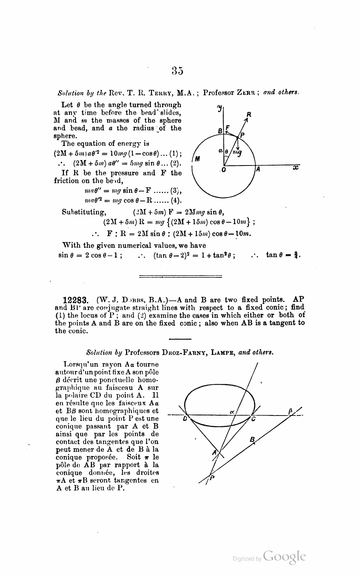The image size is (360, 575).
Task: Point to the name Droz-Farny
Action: pyautogui.click(x=183, y=353)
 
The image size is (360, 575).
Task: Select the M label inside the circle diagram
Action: pyautogui.click(x=197, y=158)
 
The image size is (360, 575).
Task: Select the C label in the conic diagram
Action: pyautogui.click(x=253, y=419)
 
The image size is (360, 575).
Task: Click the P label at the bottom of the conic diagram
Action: pyautogui.click(x=212, y=478)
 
